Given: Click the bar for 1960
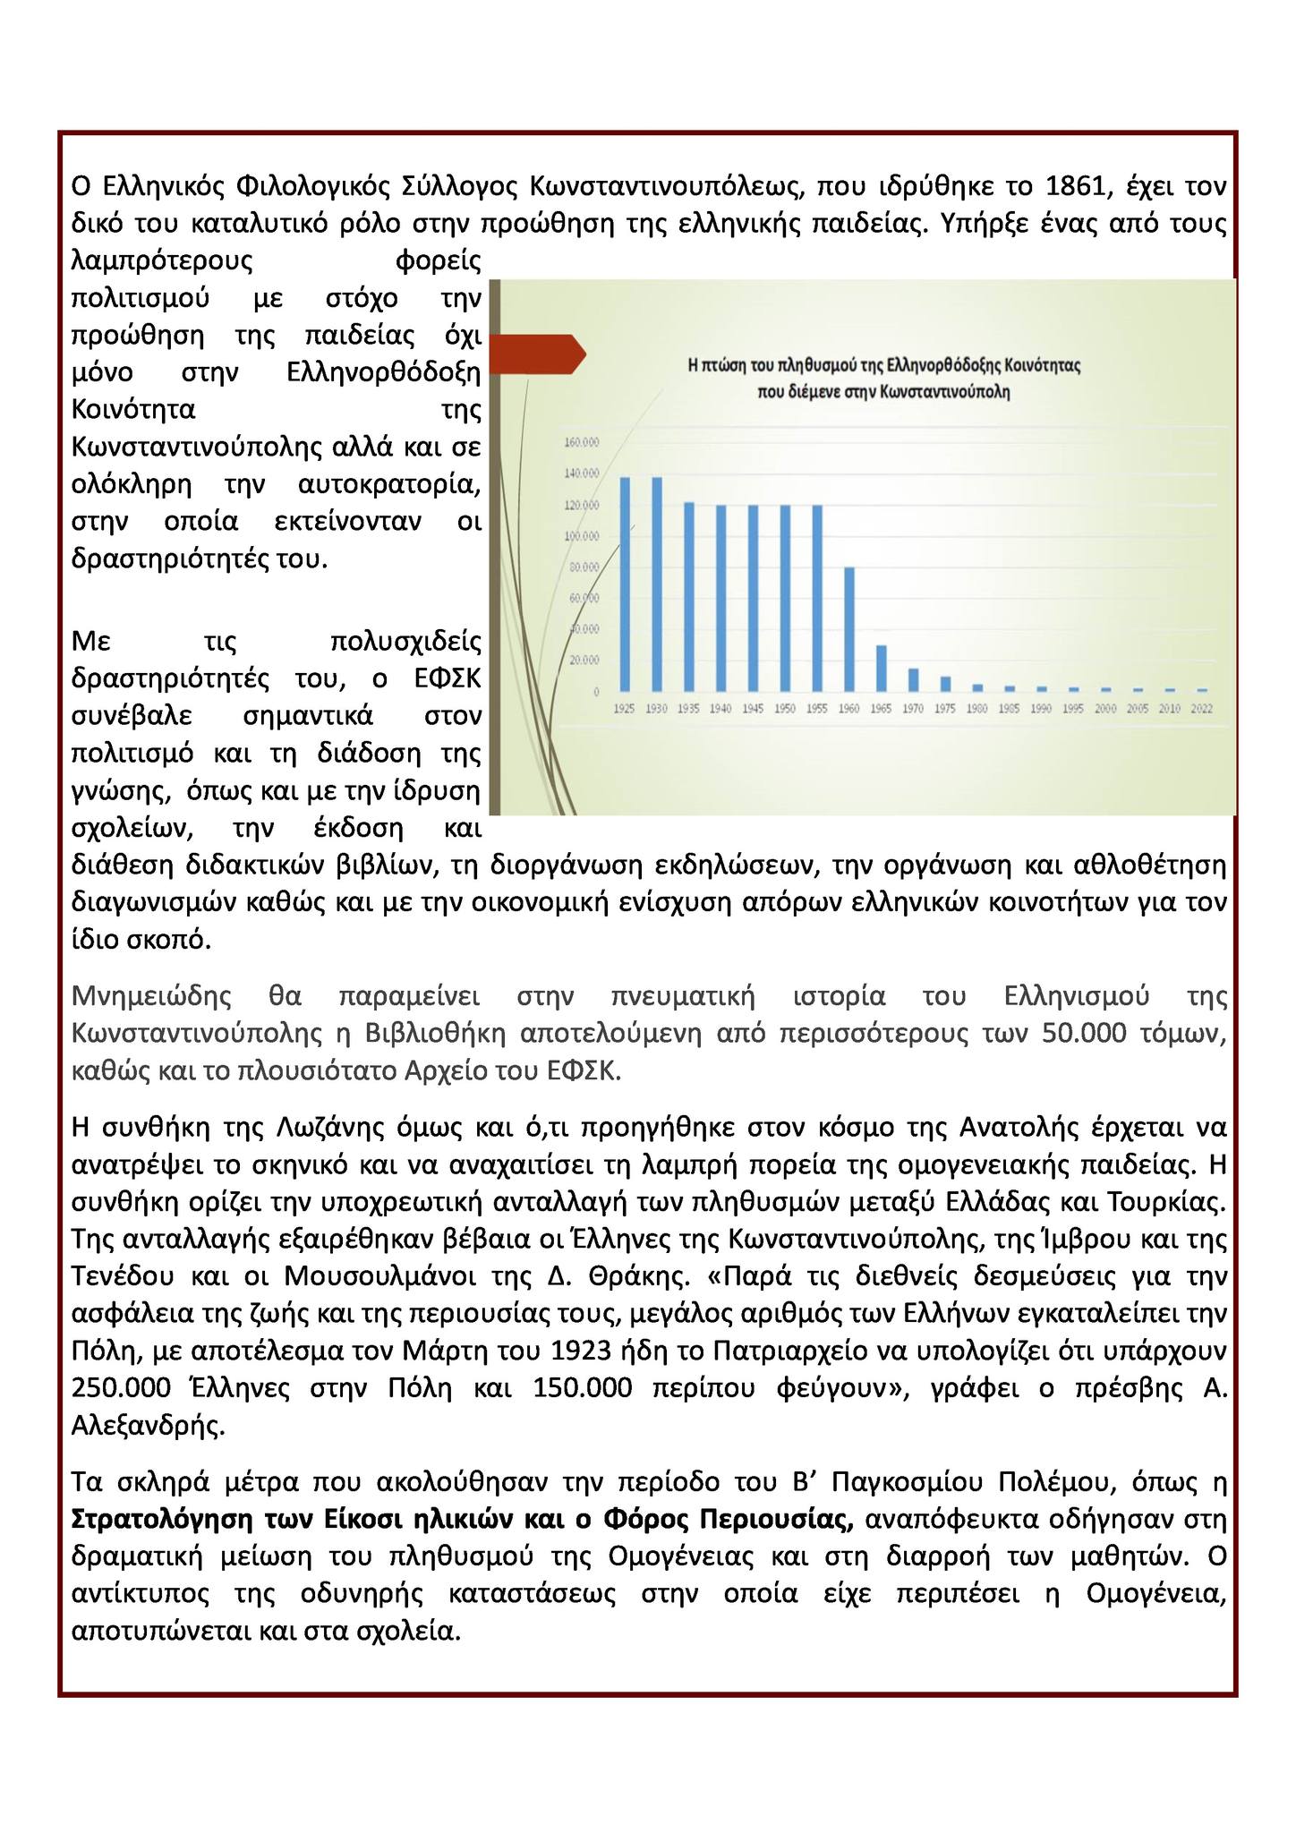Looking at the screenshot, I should click(848, 629).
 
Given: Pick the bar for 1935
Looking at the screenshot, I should click(689, 596).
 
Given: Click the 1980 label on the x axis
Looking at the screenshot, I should click(977, 708).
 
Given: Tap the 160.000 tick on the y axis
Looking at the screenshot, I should click(582, 442).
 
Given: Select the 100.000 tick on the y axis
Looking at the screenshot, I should click(582, 536).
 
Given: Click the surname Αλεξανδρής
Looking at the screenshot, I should click(147, 1425).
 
